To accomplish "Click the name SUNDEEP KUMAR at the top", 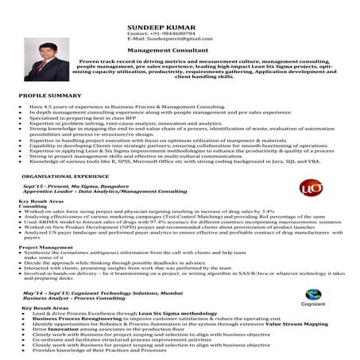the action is (x=157, y=26).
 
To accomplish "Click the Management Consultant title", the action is (x=164, y=48).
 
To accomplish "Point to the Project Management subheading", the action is (x=50, y=248).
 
